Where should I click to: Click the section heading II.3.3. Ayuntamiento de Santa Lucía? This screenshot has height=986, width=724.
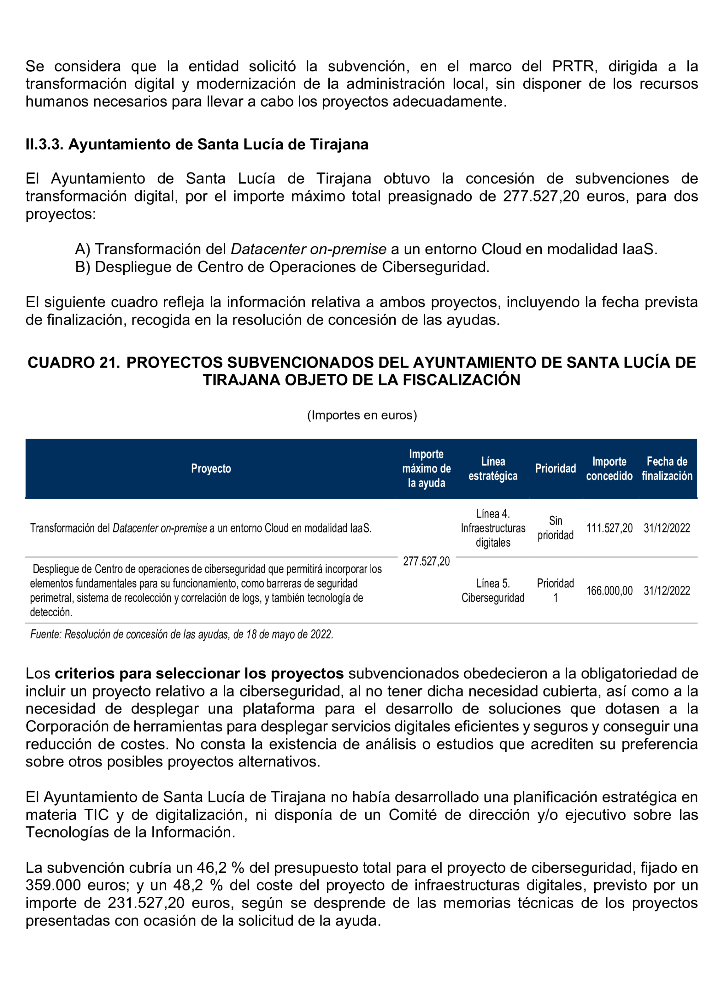click(x=197, y=144)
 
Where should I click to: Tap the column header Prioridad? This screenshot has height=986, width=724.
click(x=555, y=468)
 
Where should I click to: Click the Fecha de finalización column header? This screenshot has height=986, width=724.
click(x=666, y=468)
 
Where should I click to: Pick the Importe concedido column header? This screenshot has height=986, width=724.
click(x=609, y=468)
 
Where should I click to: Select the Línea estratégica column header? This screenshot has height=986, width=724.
click(x=493, y=468)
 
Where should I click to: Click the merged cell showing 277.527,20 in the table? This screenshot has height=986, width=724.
click(x=426, y=561)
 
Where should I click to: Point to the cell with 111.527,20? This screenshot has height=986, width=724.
click(x=609, y=528)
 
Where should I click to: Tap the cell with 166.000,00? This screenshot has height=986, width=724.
click(x=609, y=591)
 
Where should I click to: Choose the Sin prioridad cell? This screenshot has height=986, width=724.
click(x=555, y=528)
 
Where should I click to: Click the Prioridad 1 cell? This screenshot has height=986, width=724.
click(x=555, y=590)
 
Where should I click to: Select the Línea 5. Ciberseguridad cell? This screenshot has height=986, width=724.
click(x=493, y=590)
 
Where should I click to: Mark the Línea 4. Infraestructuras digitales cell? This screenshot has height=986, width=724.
click(x=493, y=528)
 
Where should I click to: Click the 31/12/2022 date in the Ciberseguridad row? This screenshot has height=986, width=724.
click(x=666, y=591)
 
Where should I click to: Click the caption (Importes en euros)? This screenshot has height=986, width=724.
click(x=362, y=415)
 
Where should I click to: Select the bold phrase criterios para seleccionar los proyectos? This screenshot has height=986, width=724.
click(x=199, y=673)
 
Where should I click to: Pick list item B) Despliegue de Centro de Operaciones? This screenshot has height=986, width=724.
click(x=282, y=267)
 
